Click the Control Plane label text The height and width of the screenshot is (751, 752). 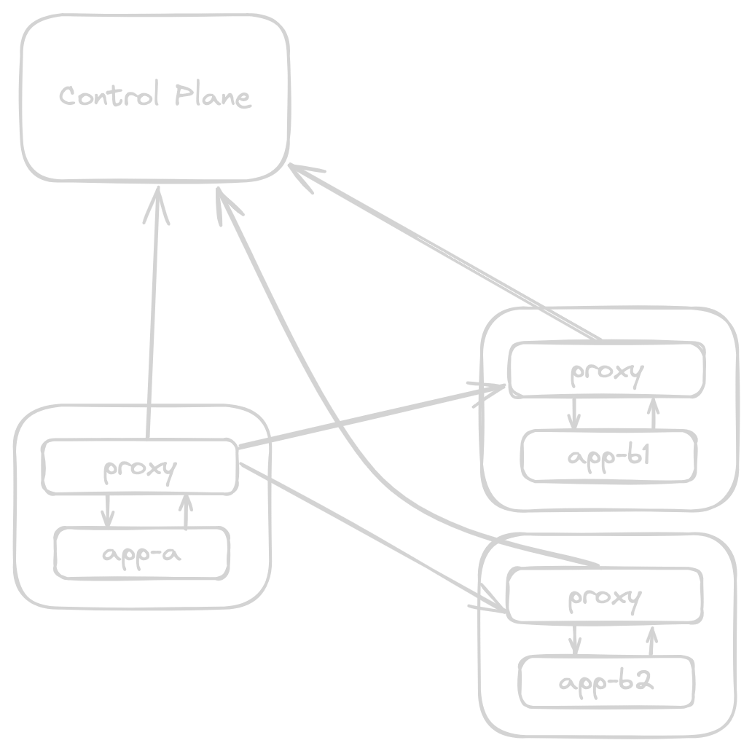tap(154, 97)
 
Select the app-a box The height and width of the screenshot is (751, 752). tap(142, 554)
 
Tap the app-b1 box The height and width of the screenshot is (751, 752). tap(608, 457)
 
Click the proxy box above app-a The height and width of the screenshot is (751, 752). tap(140, 467)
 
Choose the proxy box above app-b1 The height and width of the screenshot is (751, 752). tap(606, 370)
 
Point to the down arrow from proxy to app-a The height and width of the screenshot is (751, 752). tap(108, 510)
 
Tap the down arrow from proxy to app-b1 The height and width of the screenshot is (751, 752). tap(574, 413)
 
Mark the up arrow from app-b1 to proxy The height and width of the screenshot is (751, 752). tap(653, 413)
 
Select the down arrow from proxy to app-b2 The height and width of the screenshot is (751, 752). tap(574, 639)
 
